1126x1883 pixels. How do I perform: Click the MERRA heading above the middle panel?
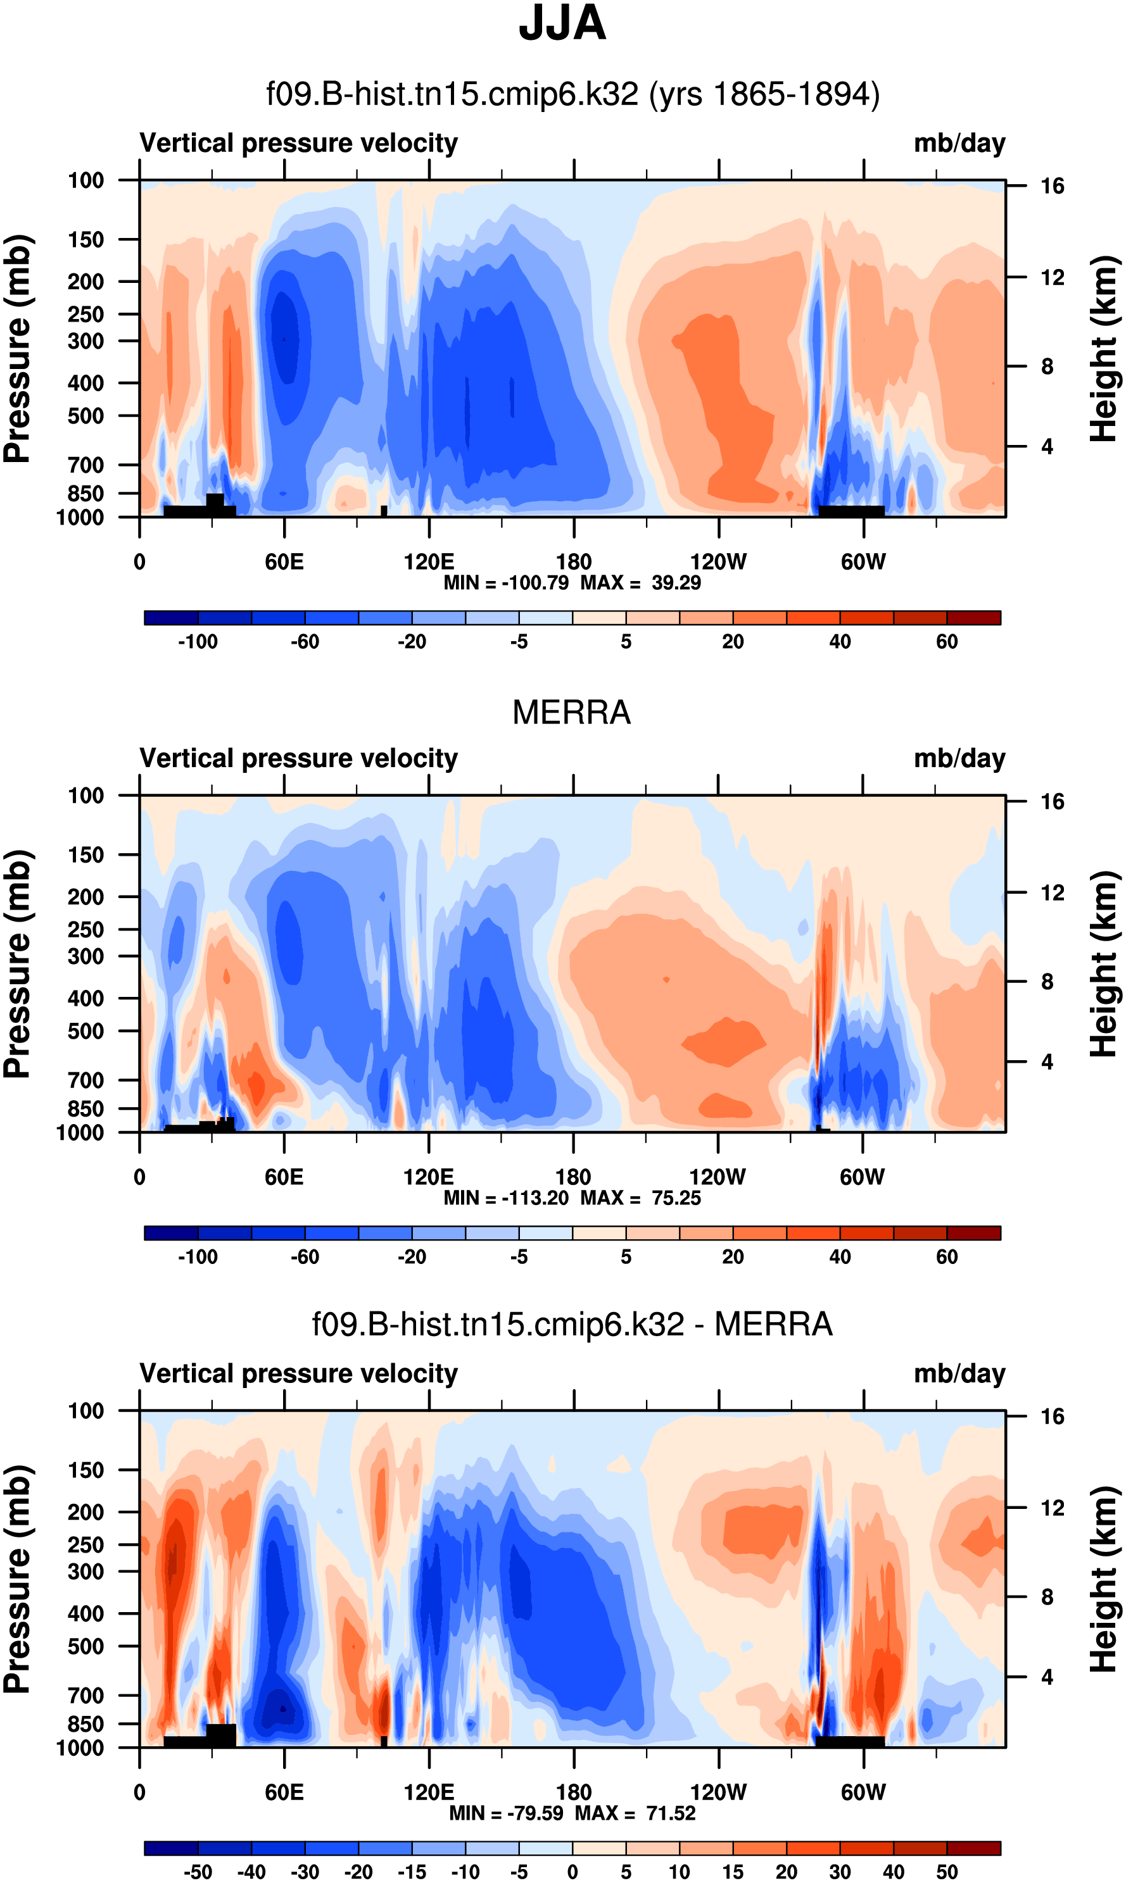[x=571, y=712]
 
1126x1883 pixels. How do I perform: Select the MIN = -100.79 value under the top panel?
[x=506, y=582]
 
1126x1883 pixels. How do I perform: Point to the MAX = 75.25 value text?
[x=640, y=1198]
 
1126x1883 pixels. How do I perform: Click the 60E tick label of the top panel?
[x=284, y=562]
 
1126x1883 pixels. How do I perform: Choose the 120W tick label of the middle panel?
[x=717, y=1177]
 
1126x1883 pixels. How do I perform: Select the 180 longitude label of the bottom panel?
[x=574, y=1792]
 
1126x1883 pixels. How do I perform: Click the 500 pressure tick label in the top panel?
[x=85, y=416]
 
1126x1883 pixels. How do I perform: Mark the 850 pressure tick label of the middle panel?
[x=85, y=1109]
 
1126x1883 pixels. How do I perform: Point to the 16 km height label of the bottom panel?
[x=1053, y=1417]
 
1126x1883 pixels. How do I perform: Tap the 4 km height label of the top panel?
[x=1047, y=447]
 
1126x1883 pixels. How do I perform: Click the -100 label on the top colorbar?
[x=198, y=642]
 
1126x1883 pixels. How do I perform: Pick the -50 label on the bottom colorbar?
[x=198, y=1872]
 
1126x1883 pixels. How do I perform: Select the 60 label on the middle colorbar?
[x=946, y=1256]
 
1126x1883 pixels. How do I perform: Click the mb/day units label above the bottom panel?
[x=959, y=1374]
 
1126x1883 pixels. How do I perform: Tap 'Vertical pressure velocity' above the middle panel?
[x=298, y=758]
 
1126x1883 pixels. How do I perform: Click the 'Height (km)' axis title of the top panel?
[x=1104, y=349]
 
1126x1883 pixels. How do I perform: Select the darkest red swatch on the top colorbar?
[x=973, y=617]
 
